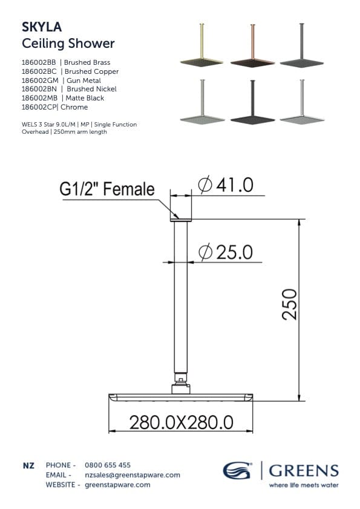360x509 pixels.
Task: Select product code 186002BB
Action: click(x=38, y=62)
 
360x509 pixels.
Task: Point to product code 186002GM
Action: click(x=38, y=80)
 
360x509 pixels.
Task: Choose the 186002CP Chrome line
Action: click(x=54, y=107)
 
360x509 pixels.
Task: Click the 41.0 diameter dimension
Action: click(x=226, y=185)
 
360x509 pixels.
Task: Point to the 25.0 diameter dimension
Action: click(x=226, y=252)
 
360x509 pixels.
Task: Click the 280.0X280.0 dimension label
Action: click(x=182, y=421)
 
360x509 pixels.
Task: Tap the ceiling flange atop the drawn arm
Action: click(x=180, y=219)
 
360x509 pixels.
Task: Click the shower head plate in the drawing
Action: click(x=181, y=397)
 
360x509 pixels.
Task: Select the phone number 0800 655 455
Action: click(x=108, y=465)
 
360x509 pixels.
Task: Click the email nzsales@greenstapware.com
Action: click(x=133, y=475)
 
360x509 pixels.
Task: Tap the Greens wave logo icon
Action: click(x=238, y=471)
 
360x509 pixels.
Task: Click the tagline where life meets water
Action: click(x=304, y=485)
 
